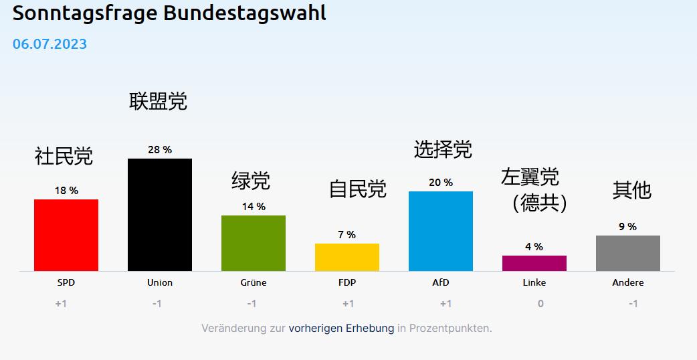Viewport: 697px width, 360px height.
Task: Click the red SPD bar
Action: tap(66, 235)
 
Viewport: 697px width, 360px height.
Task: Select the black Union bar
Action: tap(160, 215)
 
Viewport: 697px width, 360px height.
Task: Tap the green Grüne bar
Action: tap(254, 243)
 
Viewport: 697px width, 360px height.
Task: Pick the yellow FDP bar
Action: tap(347, 257)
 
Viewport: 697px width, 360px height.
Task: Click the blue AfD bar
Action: tap(441, 231)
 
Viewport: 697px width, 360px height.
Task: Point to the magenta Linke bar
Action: tap(534, 263)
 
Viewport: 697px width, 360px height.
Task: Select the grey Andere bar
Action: tap(628, 253)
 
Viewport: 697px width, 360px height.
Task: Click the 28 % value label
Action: tap(160, 150)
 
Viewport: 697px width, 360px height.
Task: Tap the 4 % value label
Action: tap(534, 247)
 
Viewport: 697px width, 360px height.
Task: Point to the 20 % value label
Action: tap(441, 183)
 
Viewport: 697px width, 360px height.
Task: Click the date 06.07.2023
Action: tap(49, 44)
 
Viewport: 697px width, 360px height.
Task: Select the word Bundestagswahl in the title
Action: tap(245, 13)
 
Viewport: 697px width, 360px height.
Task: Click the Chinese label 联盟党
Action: tap(159, 102)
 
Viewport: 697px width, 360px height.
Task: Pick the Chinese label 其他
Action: tap(632, 190)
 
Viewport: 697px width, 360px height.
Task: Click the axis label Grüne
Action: tap(254, 282)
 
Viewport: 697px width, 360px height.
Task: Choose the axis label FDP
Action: tap(347, 282)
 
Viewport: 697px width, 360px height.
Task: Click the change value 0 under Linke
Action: tap(540, 304)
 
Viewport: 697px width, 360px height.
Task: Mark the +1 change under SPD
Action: tap(62, 304)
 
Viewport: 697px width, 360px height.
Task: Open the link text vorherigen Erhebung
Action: tap(341, 329)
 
